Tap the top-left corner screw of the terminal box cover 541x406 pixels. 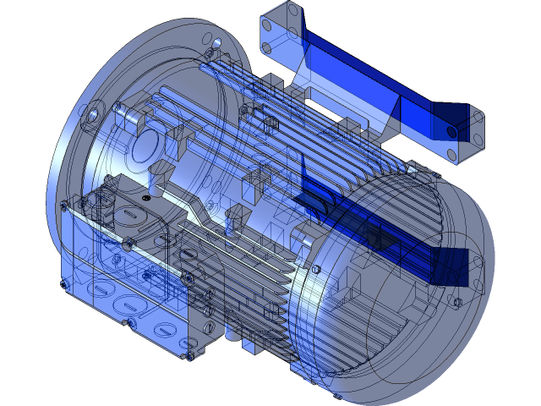(108, 179)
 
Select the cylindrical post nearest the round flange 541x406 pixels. (155, 180)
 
